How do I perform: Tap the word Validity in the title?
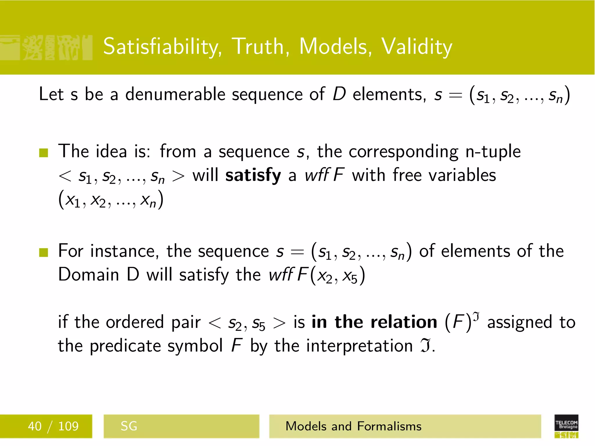coord(417,47)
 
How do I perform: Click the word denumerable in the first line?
coord(175,95)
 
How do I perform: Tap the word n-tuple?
coord(493,152)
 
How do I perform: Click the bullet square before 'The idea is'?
coord(44,153)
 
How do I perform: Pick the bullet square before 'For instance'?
coord(44,252)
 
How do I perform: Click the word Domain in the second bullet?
coord(89,275)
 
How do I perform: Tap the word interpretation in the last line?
coord(359,346)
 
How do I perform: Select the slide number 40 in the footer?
coord(35,426)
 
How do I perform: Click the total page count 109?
coord(68,426)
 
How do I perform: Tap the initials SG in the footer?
coord(129,426)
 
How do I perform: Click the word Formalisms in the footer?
coord(389,426)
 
